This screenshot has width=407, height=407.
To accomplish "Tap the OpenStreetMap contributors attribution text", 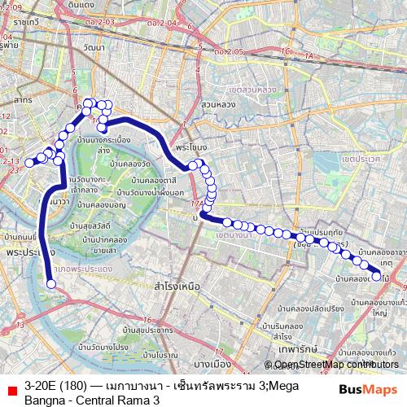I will coord(330,364).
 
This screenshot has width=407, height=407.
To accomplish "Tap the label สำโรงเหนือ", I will coord(177,287).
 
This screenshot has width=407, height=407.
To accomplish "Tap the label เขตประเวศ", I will coord(361,160).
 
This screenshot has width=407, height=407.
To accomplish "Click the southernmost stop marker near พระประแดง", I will coord(51,284).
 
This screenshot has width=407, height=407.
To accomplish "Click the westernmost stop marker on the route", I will coord(29,163).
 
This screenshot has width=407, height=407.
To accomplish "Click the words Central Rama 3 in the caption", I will coord(120,400).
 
